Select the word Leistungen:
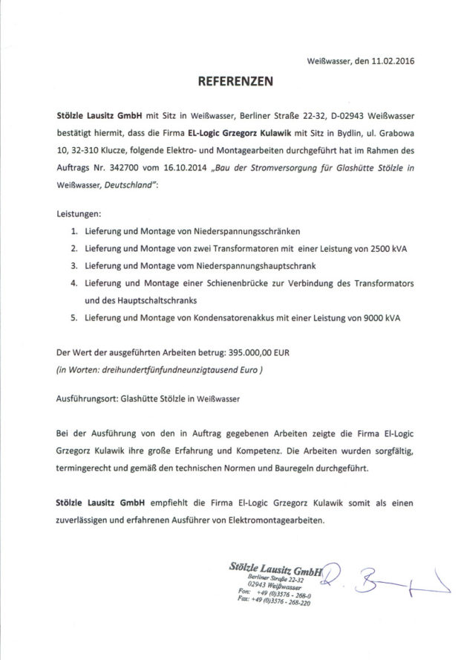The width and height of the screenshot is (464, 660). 78,213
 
